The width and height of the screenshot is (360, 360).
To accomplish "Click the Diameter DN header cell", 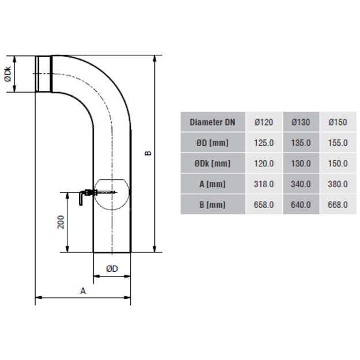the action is pyautogui.click(x=213, y=122).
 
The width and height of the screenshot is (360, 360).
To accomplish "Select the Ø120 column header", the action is pyautogui.click(x=264, y=122).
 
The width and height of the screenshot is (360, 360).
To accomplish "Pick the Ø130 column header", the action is pyautogui.click(x=301, y=122).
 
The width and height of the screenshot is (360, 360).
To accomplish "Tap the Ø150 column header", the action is pyautogui.click(x=338, y=122).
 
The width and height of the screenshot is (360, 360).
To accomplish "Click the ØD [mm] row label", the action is pyautogui.click(x=213, y=143).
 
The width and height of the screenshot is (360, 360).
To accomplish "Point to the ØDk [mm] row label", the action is pyautogui.click(x=213, y=164).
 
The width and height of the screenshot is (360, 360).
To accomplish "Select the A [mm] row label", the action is pyautogui.click(x=213, y=184).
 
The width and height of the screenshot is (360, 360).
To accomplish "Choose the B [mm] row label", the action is pyautogui.click(x=213, y=204).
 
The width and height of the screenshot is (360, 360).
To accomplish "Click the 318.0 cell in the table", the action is pyautogui.click(x=264, y=184).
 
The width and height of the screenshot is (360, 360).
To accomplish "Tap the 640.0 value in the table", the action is pyautogui.click(x=301, y=204).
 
